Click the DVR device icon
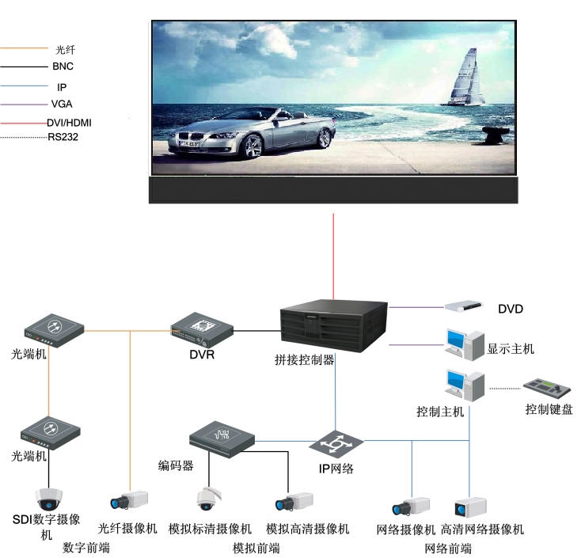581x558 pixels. click(x=202, y=330)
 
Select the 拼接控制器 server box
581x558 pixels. click(x=334, y=326)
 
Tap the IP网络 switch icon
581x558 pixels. click(x=336, y=444)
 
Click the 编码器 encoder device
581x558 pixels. click(x=222, y=439)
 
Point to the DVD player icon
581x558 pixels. click(x=464, y=306)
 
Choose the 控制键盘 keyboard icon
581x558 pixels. click(x=547, y=389)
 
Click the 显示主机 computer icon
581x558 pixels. click(x=465, y=344)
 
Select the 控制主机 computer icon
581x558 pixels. click(x=465, y=385)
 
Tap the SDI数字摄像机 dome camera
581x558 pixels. click(x=48, y=499)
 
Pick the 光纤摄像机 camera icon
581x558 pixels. click(x=129, y=500)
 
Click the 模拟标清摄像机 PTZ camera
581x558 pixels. click(x=208, y=499)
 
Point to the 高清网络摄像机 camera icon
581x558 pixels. click(x=471, y=507)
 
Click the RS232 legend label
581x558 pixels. click(x=63, y=137)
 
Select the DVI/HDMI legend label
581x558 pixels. click(x=70, y=123)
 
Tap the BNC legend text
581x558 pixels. click(x=63, y=66)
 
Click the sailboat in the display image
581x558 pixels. click(x=465, y=78)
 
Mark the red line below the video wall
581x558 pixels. click(x=333, y=256)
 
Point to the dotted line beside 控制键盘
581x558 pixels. click(x=506, y=389)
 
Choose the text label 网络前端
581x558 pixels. click(x=448, y=549)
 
